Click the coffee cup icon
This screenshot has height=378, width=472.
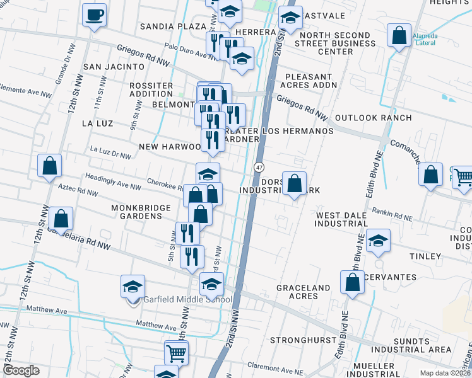(94, 14)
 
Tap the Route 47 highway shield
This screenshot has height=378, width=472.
(259, 167)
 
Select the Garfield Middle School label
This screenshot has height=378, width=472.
(187, 299)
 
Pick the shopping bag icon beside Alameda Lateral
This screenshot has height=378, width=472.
(399, 36)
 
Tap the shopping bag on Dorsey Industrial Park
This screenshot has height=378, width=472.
(294, 184)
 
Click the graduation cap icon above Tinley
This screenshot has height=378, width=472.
(378, 241)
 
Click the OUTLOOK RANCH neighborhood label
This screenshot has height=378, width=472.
(373, 118)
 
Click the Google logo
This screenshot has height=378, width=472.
(21, 370)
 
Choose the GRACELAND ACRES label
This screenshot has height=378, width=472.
(303, 292)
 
